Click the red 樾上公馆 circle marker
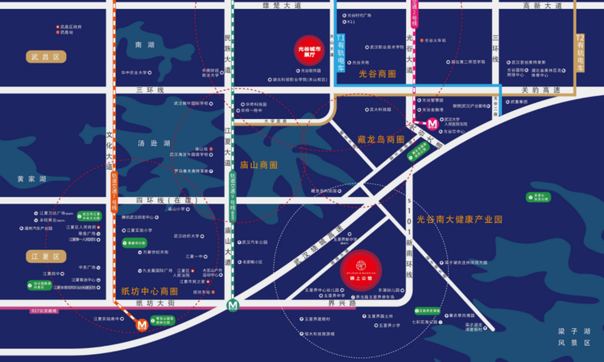point(362,269)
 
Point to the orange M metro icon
point(143,325)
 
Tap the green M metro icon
point(233,305)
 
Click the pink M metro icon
point(432,123)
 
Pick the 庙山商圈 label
point(259,164)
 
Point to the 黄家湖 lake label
point(31,179)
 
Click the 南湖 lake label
point(145,45)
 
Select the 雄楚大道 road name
point(281,6)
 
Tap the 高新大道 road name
point(542,6)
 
